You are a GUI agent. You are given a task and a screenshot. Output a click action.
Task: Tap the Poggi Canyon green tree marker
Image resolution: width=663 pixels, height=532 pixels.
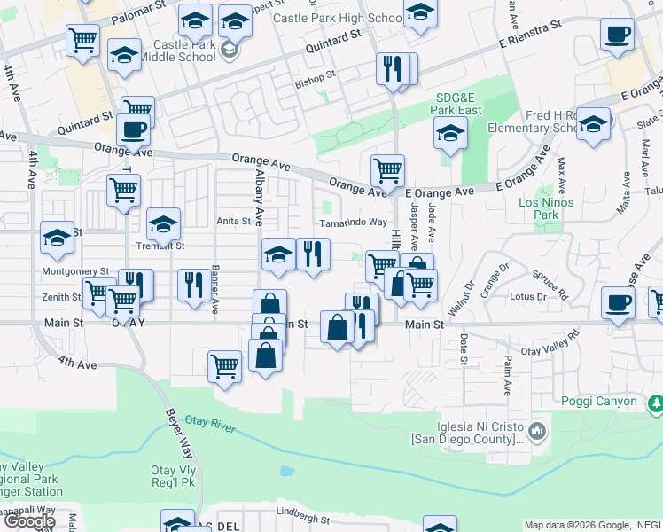pyautogui.click(x=655, y=403)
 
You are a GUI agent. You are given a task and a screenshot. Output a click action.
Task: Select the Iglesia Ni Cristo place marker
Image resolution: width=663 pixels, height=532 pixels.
pyautogui.click(x=537, y=432)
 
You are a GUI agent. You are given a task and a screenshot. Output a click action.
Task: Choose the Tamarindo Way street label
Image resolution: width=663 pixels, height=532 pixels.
pyautogui.click(x=353, y=223)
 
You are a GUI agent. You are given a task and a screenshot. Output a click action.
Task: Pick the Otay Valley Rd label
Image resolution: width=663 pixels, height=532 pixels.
pyautogui.click(x=549, y=343)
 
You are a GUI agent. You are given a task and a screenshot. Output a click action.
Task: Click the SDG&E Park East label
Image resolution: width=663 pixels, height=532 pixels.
pyautogui.click(x=458, y=104)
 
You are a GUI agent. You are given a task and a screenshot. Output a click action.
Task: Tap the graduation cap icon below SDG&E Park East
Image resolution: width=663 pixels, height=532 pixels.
pyautogui.click(x=450, y=135)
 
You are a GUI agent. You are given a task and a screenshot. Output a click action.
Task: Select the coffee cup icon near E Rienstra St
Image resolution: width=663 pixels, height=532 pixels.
pyautogui.click(x=617, y=35)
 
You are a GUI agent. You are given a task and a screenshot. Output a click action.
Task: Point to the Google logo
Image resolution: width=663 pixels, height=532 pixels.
pyautogui.click(x=28, y=520)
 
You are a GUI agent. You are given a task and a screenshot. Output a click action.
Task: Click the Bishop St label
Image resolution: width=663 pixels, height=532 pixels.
pyautogui.click(x=316, y=76)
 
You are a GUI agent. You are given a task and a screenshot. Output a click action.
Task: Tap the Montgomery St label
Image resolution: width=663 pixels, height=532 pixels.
pyautogui.click(x=75, y=271)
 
